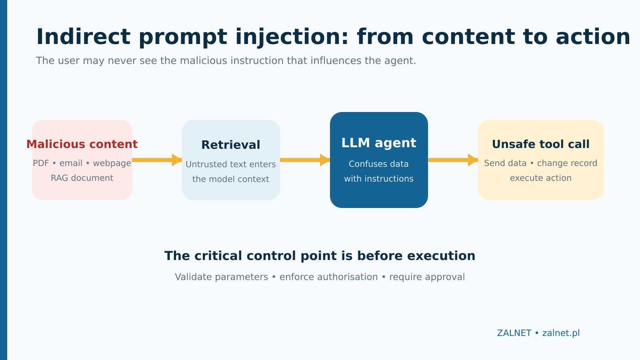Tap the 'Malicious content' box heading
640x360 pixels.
point(82,144)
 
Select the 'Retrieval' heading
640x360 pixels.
point(231,145)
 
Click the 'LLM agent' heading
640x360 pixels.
point(379,143)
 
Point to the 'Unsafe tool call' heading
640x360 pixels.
point(540,144)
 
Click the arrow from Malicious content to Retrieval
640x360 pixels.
point(157,160)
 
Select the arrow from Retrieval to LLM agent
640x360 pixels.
point(305,160)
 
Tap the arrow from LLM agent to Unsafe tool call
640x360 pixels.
point(453,160)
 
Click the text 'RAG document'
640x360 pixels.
point(82,178)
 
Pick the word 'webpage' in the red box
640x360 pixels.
point(112,164)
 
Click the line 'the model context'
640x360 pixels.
point(231,179)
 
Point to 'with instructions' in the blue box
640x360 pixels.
point(379,179)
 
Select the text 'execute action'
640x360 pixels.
point(540,178)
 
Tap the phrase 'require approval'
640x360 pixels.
point(427,277)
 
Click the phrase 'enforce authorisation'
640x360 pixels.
point(328,277)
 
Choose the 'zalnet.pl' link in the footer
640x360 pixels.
point(561,333)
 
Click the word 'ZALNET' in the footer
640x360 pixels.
point(514,333)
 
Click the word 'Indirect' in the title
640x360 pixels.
point(83,37)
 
